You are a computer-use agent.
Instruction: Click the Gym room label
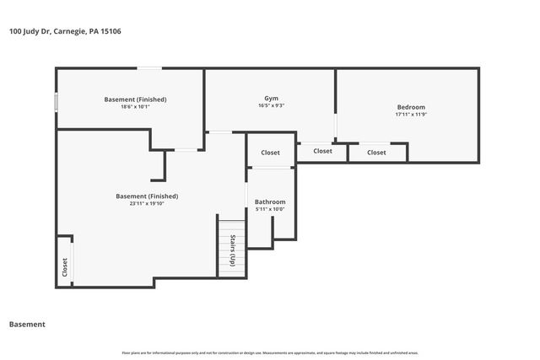pyautogui.click(x=271, y=98)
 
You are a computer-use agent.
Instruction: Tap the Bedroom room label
pyautogui.click(x=411, y=106)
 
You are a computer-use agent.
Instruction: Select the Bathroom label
pyautogui.click(x=270, y=201)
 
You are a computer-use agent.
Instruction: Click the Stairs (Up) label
pyautogui.click(x=231, y=250)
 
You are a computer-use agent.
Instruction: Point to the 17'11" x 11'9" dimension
pyautogui.click(x=411, y=115)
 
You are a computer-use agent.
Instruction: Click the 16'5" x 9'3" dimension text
pyautogui.click(x=271, y=105)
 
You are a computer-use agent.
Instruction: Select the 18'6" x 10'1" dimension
pyautogui.click(x=135, y=107)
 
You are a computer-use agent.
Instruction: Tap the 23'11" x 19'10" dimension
pyautogui.click(x=147, y=203)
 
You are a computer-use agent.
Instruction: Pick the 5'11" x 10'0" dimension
pyautogui.click(x=270, y=209)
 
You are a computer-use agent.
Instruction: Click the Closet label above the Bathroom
pyautogui.click(x=270, y=153)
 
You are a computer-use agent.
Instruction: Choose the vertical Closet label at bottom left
pyautogui.click(x=64, y=267)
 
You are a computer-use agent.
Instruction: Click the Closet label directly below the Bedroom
pyautogui.click(x=376, y=153)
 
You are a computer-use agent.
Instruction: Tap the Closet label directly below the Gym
pyautogui.click(x=322, y=151)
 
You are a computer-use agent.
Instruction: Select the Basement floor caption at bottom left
pyautogui.click(x=27, y=324)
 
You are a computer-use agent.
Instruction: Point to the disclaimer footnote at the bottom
pyautogui.click(x=270, y=352)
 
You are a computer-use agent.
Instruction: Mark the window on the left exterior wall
pyautogui.click(x=57, y=102)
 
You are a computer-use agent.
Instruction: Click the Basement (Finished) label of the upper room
pyautogui.click(x=135, y=99)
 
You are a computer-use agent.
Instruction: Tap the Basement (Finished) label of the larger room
pyautogui.click(x=147, y=196)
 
